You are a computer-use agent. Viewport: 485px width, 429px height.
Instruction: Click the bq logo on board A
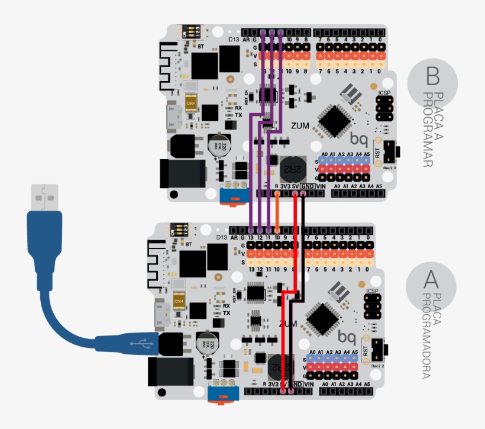pyautogui.click(x=347, y=337)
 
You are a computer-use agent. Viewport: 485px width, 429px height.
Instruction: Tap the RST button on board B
pyautogui.click(x=390, y=152)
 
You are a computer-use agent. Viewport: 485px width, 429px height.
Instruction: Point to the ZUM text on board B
pyautogui.click(x=299, y=126)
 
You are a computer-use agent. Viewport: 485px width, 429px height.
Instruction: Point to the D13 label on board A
pyautogui.click(x=221, y=237)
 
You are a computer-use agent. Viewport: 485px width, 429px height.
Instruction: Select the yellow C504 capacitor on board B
pyautogui.click(x=190, y=103)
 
